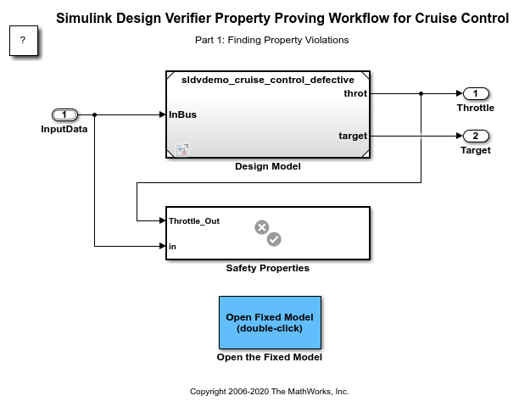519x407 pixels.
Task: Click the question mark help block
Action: click(x=23, y=41)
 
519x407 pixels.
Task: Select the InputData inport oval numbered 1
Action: click(x=64, y=114)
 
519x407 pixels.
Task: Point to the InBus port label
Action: click(x=183, y=114)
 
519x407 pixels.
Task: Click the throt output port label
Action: click(x=355, y=93)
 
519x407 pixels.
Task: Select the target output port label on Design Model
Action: click(x=353, y=136)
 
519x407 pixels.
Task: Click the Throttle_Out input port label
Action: click(x=194, y=220)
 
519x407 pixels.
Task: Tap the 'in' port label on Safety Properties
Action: click(x=172, y=246)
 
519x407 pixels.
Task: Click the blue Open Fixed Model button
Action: click(x=270, y=322)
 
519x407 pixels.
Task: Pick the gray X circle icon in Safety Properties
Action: click(x=262, y=227)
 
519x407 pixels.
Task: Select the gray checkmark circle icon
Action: click(x=274, y=239)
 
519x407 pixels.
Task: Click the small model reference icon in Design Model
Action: click(x=181, y=150)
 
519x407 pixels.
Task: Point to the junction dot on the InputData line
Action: click(x=94, y=114)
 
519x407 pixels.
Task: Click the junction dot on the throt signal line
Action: click(x=421, y=93)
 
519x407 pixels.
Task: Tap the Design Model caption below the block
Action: click(x=268, y=166)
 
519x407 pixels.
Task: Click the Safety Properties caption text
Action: click(x=268, y=268)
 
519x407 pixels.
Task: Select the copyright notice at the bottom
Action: click(x=270, y=392)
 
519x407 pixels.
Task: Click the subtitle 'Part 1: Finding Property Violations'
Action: click(x=271, y=40)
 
